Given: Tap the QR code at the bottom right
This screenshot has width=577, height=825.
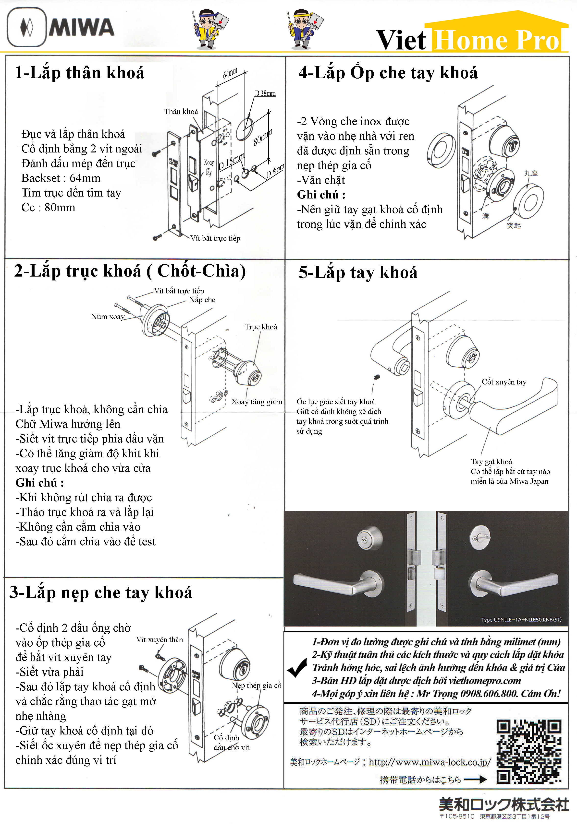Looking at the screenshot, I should pyautogui.click(x=528, y=751).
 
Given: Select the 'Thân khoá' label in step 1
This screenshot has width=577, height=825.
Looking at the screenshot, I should pyautogui.click(x=181, y=111).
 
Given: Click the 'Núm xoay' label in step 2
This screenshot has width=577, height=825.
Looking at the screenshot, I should pyautogui.click(x=108, y=316).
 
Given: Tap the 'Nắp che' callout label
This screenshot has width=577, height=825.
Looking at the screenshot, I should pyautogui.click(x=202, y=300).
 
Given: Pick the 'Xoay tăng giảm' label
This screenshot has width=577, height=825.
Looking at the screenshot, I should pyautogui.click(x=257, y=402).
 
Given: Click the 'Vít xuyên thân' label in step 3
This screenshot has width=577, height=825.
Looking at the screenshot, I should pyautogui.click(x=159, y=639).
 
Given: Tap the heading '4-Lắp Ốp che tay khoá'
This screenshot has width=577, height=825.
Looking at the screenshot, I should pyautogui.click(x=388, y=73).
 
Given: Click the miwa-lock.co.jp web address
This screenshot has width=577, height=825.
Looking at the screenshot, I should pyautogui.click(x=430, y=762).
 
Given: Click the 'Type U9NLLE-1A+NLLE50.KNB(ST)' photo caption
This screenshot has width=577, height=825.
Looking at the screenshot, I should pyautogui.click(x=521, y=619).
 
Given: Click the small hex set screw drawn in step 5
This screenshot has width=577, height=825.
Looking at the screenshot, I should pyautogui.click(x=377, y=377).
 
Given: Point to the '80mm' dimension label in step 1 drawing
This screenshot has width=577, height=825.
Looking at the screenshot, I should pyautogui.click(x=263, y=138).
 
